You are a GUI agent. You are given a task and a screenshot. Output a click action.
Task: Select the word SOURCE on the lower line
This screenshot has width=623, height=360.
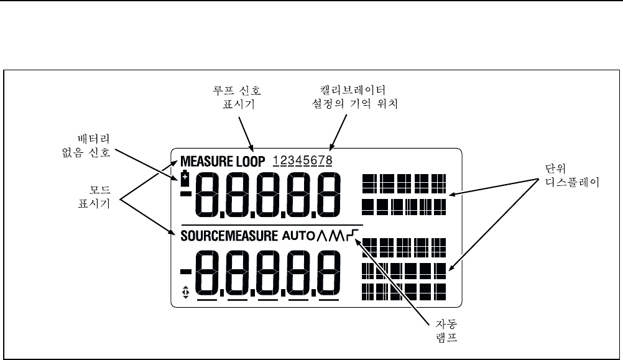[202, 236]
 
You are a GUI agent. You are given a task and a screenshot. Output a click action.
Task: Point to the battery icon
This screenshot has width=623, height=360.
[185, 179]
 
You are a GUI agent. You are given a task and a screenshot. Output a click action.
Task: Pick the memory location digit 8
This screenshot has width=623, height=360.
[328, 161]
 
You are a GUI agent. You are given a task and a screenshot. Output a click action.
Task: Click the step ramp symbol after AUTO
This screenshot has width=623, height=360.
[356, 234]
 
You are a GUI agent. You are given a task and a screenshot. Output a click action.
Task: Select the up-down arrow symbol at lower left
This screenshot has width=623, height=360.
[185, 290]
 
